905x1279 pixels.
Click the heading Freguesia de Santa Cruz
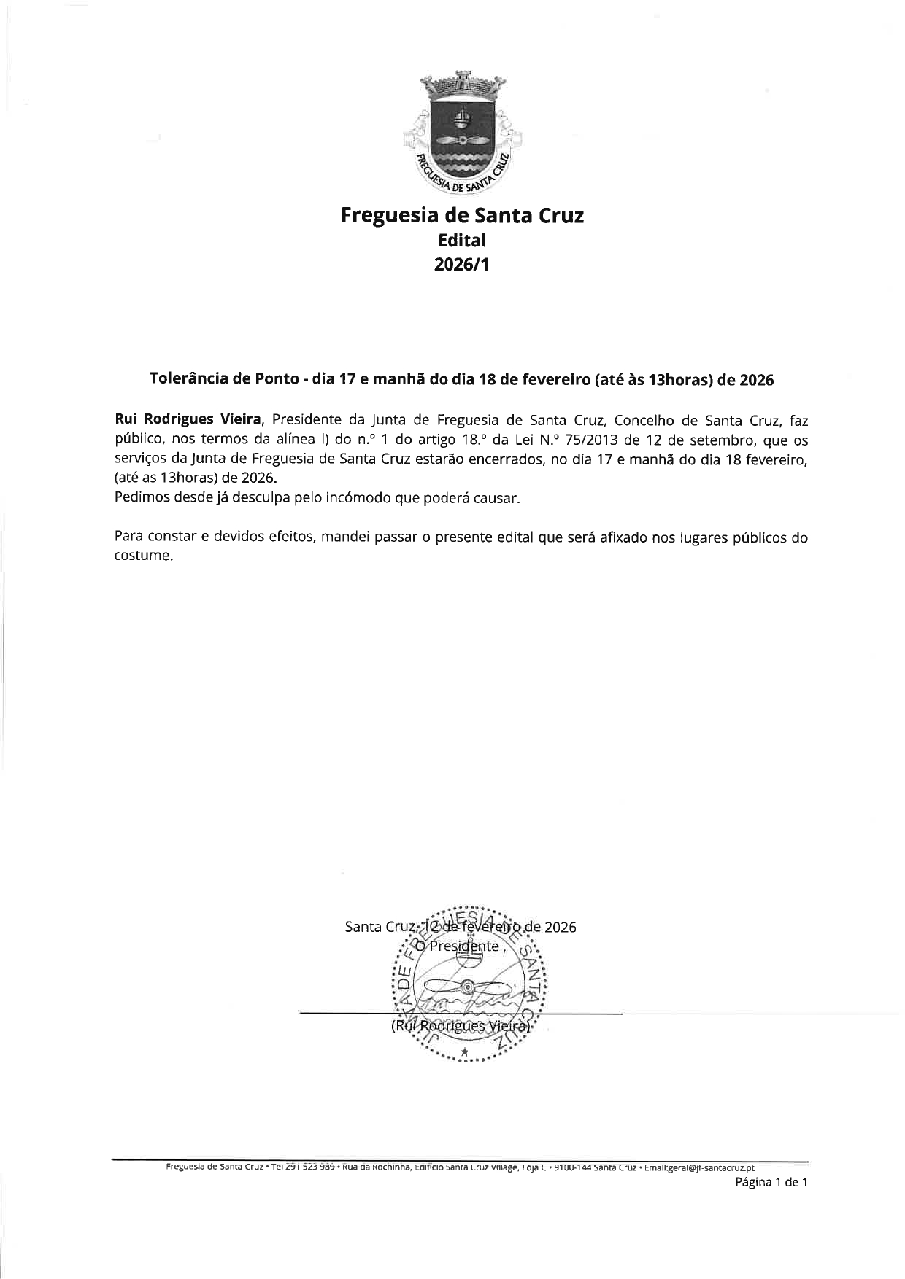(462, 216)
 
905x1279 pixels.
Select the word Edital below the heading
(461, 240)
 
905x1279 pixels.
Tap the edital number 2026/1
(461, 264)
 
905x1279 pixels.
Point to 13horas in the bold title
(679, 380)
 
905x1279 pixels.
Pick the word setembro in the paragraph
(716, 440)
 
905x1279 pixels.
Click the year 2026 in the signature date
(560, 928)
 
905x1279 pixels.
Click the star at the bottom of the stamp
(464, 1051)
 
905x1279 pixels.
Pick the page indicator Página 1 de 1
(771, 1183)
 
